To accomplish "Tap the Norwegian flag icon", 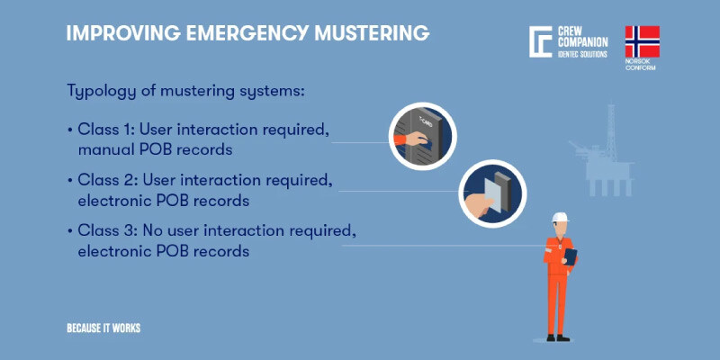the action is click(x=642, y=41).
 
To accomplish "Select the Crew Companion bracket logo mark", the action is click(x=540, y=41).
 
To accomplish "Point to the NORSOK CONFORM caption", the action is click(x=641, y=64).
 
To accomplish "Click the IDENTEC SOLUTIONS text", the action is click(x=582, y=54).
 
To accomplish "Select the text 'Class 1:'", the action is click(x=105, y=130).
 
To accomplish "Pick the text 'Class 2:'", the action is click(x=107, y=180).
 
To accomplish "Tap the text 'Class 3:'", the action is click(x=107, y=230).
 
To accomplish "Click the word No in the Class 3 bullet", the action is click(x=151, y=230).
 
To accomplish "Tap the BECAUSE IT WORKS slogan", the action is click(x=103, y=328).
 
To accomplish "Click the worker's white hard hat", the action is click(x=560, y=217).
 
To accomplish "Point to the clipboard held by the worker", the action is click(x=571, y=256).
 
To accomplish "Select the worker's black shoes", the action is click(x=557, y=337).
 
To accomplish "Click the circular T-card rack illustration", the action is click(x=422, y=137).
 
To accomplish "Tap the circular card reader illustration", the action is click(x=492, y=193).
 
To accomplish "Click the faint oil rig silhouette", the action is click(x=601, y=150).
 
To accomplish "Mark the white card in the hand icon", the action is click(x=493, y=193).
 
